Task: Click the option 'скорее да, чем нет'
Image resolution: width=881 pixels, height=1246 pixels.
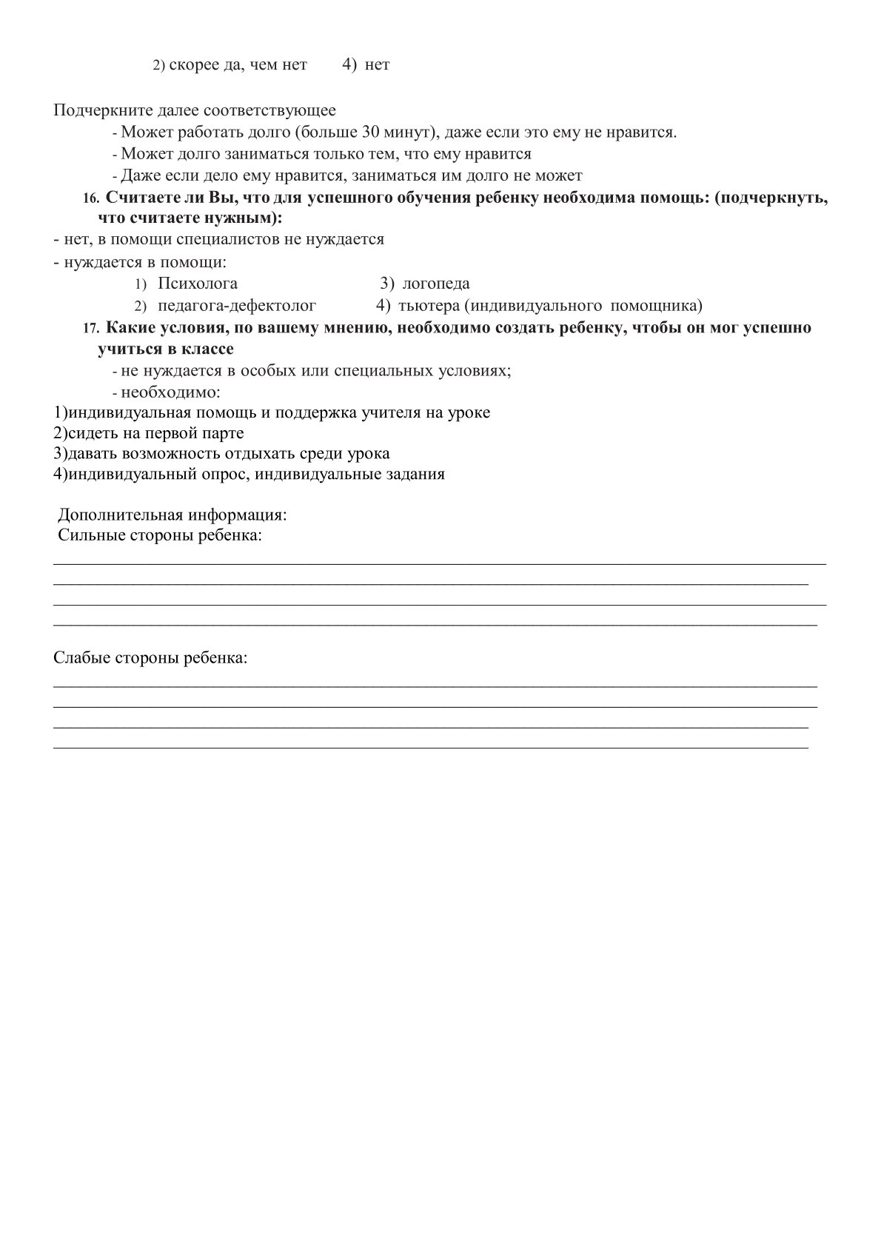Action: coord(238,65)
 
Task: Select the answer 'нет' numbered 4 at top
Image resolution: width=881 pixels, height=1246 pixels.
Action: coord(377,65)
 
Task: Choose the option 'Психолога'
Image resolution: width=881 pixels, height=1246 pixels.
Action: coord(198,284)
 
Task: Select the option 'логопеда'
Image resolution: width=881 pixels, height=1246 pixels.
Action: coord(436,284)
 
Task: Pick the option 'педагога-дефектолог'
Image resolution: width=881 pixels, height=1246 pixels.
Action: coord(237,305)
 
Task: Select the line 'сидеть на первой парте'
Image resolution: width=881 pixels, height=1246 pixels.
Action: coord(149,433)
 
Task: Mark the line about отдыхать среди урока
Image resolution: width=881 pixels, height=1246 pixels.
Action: coord(221,454)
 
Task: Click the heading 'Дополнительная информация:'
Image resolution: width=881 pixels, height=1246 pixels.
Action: coord(172,515)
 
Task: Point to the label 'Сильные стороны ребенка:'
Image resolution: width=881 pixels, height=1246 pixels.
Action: coord(160,535)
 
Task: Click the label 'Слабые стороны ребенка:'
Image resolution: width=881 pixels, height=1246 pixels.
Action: coord(150,657)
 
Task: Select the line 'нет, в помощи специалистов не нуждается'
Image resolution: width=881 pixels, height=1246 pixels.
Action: coord(219,239)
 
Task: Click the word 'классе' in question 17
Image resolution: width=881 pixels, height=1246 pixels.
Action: coord(208,349)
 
